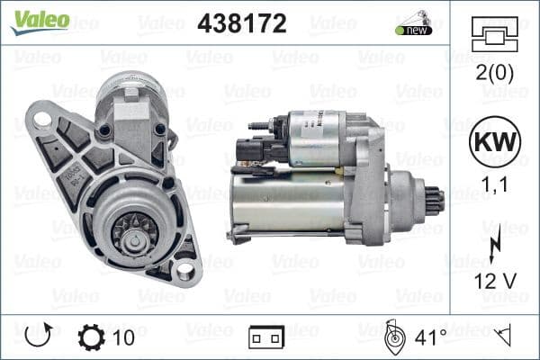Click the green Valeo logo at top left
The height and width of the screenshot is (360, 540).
(x=36, y=19)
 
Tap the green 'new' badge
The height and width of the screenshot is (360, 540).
(x=415, y=30)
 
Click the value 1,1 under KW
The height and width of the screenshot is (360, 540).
(x=490, y=185)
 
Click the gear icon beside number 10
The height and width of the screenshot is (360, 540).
(x=92, y=337)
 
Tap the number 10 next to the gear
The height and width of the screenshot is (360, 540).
(x=124, y=338)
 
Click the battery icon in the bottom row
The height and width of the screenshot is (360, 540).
(x=266, y=338)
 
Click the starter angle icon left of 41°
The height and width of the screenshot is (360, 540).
(x=392, y=337)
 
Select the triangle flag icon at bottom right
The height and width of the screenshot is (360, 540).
(x=504, y=337)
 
